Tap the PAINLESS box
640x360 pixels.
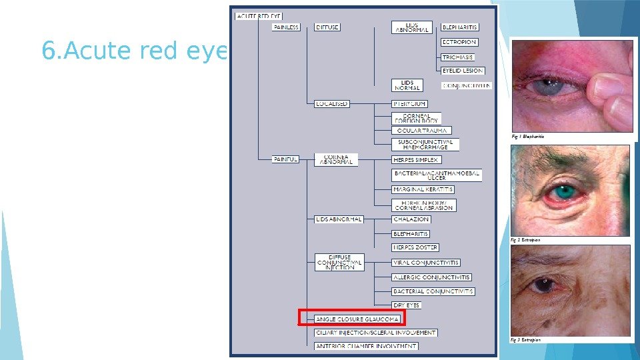tap(287, 27)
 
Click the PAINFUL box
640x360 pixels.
tap(286, 159)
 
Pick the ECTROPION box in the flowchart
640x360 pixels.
tap(459, 42)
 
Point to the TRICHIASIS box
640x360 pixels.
tap(458, 57)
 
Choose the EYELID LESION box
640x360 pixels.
tap(463, 71)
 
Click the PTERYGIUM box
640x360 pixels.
tap(409, 104)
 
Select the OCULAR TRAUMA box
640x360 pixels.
tap(421, 131)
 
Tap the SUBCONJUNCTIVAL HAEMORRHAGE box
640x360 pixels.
tap(425, 144)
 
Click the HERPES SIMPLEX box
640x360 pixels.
tap(416, 159)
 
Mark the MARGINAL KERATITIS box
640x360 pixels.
tap(423, 189)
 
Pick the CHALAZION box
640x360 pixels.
tap(411, 219)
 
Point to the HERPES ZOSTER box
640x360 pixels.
tap(415, 248)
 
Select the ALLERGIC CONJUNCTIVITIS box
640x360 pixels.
tap(431, 277)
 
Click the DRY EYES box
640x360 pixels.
tap(407, 305)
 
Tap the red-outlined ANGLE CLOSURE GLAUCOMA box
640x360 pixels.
tap(351, 319)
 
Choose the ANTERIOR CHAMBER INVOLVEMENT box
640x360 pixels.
tap(366, 346)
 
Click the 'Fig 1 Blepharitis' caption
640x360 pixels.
tap(528, 137)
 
